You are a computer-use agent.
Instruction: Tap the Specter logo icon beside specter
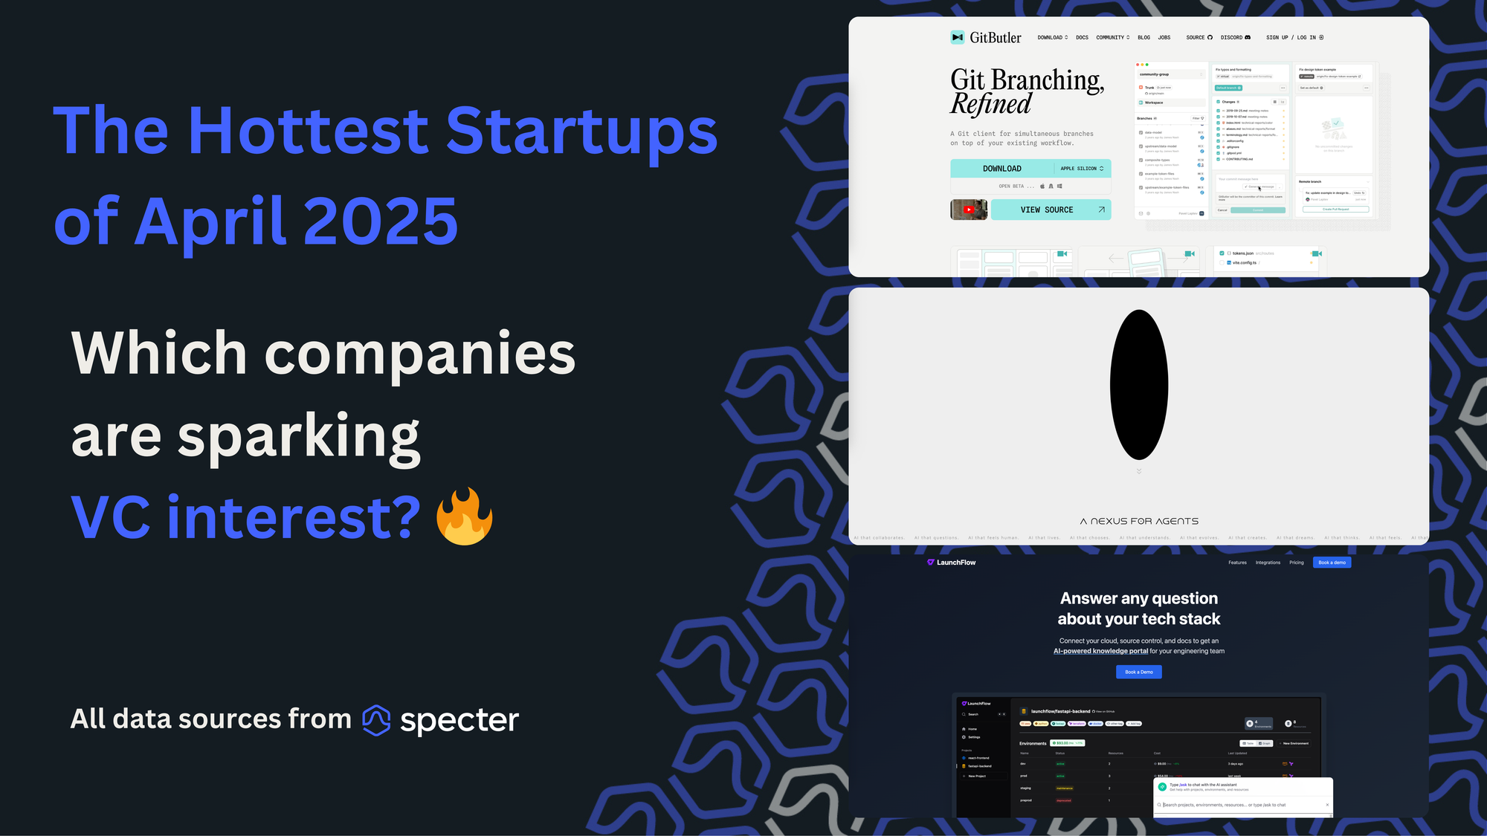376,719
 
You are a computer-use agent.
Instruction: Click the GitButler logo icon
957,37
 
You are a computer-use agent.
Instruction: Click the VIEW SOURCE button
1051,210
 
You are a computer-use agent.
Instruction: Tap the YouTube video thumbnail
969,210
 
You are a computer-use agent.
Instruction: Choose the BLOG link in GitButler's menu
1144,37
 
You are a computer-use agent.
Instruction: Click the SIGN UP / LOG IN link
1294,37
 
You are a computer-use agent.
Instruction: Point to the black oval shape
1138,384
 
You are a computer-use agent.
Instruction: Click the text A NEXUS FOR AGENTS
1139,522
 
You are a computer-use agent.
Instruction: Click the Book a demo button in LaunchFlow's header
1332,563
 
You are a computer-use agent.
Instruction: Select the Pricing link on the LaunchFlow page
1296,563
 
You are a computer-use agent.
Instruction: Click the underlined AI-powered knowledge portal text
1100,651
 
